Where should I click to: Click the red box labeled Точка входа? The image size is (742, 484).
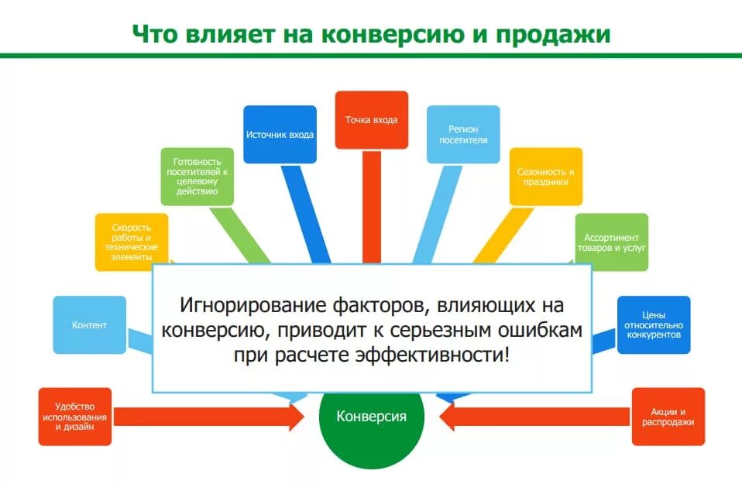(x=371, y=120)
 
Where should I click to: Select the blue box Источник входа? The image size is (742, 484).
(x=280, y=134)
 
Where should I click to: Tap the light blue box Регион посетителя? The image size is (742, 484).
(x=463, y=134)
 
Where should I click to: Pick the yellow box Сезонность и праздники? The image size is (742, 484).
(x=545, y=177)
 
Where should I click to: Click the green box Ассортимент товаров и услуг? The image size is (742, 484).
(x=611, y=242)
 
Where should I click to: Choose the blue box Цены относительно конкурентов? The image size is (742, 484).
(x=653, y=325)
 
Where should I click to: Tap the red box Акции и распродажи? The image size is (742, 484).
(x=668, y=417)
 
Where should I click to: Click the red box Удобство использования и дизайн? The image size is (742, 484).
(x=75, y=417)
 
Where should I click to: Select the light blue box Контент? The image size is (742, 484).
(x=89, y=325)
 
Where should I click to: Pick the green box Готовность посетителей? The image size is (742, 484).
(x=197, y=177)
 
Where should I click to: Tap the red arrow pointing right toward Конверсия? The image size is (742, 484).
(x=209, y=417)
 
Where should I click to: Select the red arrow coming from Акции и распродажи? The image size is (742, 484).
(x=534, y=417)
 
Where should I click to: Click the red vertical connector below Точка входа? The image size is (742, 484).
(x=372, y=205)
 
